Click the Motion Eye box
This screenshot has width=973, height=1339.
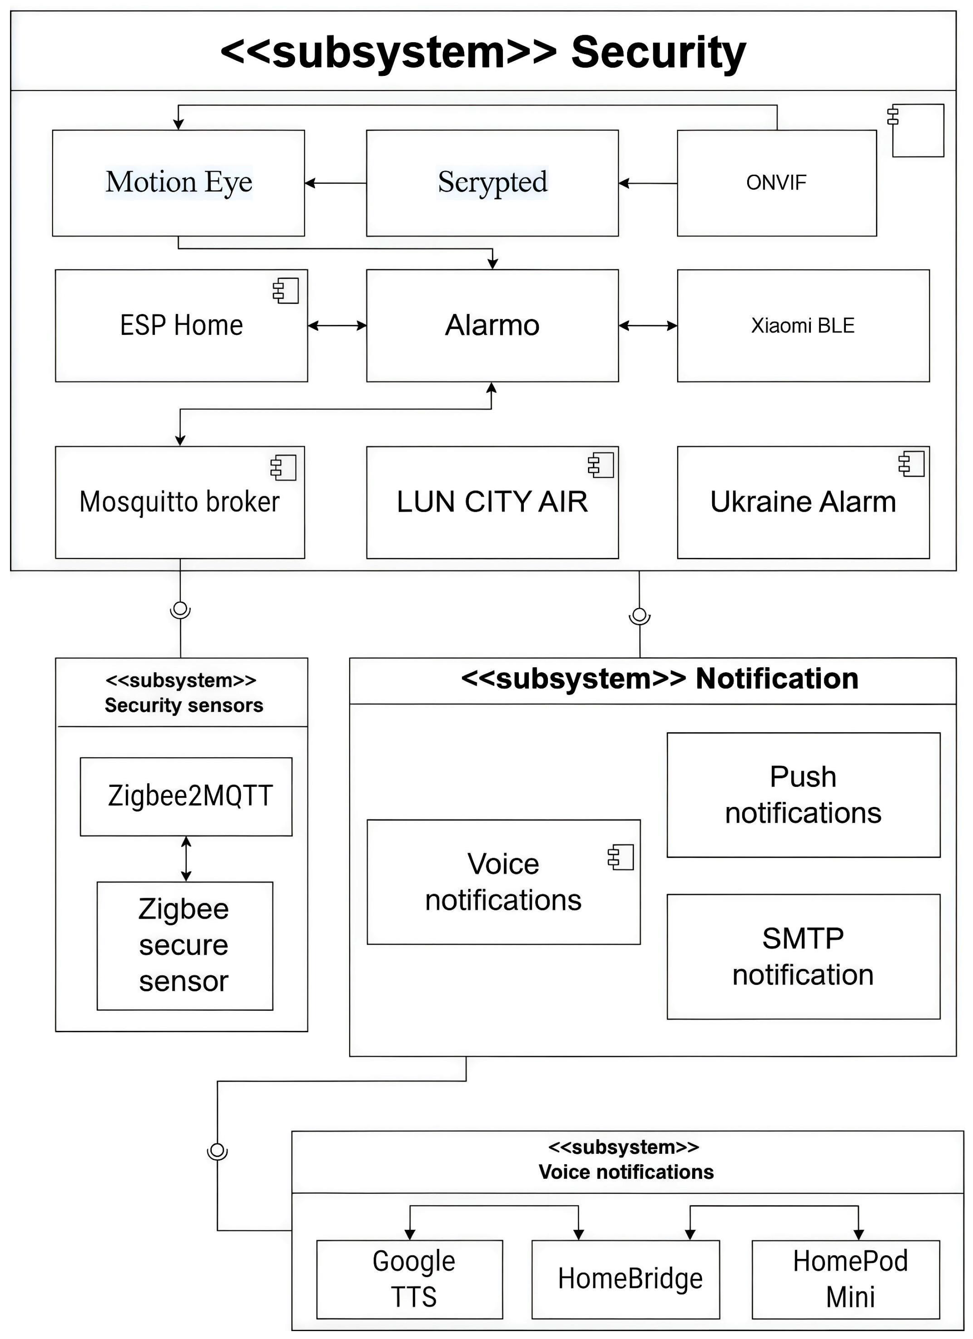(x=178, y=183)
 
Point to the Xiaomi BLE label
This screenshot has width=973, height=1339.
(x=803, y=325)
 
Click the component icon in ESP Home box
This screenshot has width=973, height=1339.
(x=285, y=291)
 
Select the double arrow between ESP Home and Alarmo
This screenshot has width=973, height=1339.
(x=337, y=325)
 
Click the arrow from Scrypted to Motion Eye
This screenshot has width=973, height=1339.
(x=335, y=183)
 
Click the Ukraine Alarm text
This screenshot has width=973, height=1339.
(x=803, y=502)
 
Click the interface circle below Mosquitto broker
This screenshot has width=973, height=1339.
(x=180, y=608)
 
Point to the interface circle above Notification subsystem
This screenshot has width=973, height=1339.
(x=639, y=615)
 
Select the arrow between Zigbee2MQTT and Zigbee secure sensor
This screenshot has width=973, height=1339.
(x=186, y=859)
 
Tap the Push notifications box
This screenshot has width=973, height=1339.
(x=803, y=795)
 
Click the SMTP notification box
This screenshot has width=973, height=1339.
(x=803, y=957)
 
